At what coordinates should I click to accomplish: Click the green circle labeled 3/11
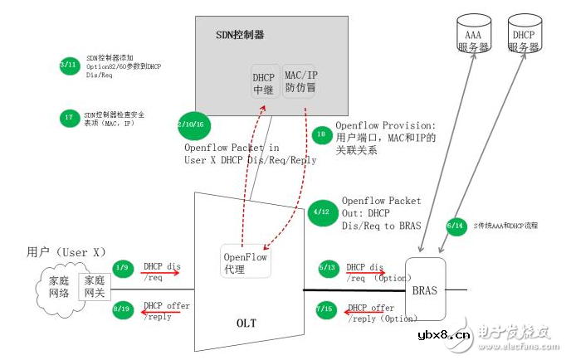[x=71, y=65]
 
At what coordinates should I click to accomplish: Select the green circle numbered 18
[x=322, y=134]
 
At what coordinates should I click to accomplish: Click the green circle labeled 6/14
[x=456, y=226]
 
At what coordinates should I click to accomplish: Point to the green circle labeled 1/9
[x=123, y=267]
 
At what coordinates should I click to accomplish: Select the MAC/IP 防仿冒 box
[x=300, y=80]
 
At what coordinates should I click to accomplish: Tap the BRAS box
[x=426, y=291]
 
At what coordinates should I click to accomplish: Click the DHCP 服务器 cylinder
[x=523, y=36]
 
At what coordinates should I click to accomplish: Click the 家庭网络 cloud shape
[x=56, y=288]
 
